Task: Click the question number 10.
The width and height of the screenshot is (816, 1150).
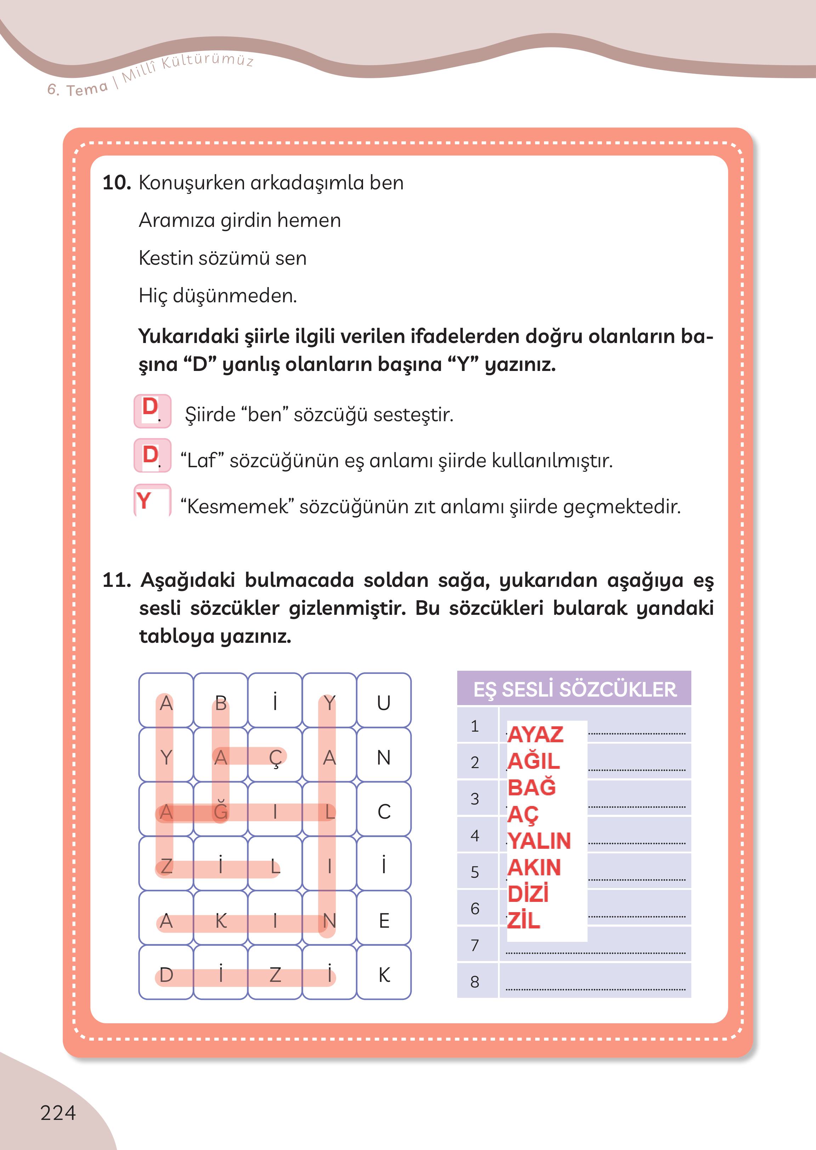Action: click(117, 183)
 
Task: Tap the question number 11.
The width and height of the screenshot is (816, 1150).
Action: click(117, 580)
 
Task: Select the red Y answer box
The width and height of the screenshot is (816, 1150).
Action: click(152, 501)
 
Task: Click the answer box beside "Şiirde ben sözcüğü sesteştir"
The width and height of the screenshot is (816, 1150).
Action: click(152, 411)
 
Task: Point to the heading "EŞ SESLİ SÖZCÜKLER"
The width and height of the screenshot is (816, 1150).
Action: click(574, 689)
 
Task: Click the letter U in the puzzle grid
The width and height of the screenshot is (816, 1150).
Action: click(384, 703)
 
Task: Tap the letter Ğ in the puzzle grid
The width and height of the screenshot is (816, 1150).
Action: click(221, 812)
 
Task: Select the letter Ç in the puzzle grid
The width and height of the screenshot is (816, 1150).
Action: click(275, 757)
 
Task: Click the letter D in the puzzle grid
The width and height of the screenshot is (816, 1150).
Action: click(166, 975)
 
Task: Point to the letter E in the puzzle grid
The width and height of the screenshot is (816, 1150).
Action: click(384, 921)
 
